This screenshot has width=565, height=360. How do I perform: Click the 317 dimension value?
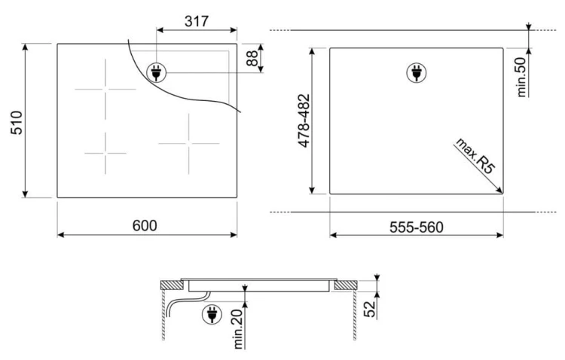click(197, 21)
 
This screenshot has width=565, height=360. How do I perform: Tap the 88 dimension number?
click(252, 59)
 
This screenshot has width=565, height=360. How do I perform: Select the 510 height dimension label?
click(17, 123)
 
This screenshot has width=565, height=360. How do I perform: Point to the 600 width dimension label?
click(145, 226)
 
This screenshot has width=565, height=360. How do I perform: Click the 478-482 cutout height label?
click(304, 121)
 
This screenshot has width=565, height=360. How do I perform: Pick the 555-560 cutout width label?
click(416, 227)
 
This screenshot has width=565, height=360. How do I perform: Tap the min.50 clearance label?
click(521, 78)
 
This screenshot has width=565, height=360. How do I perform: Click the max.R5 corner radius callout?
click(475, 156)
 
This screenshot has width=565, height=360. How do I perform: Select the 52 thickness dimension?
click(370, 309)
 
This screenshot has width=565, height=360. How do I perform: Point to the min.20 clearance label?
click(238, 329)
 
